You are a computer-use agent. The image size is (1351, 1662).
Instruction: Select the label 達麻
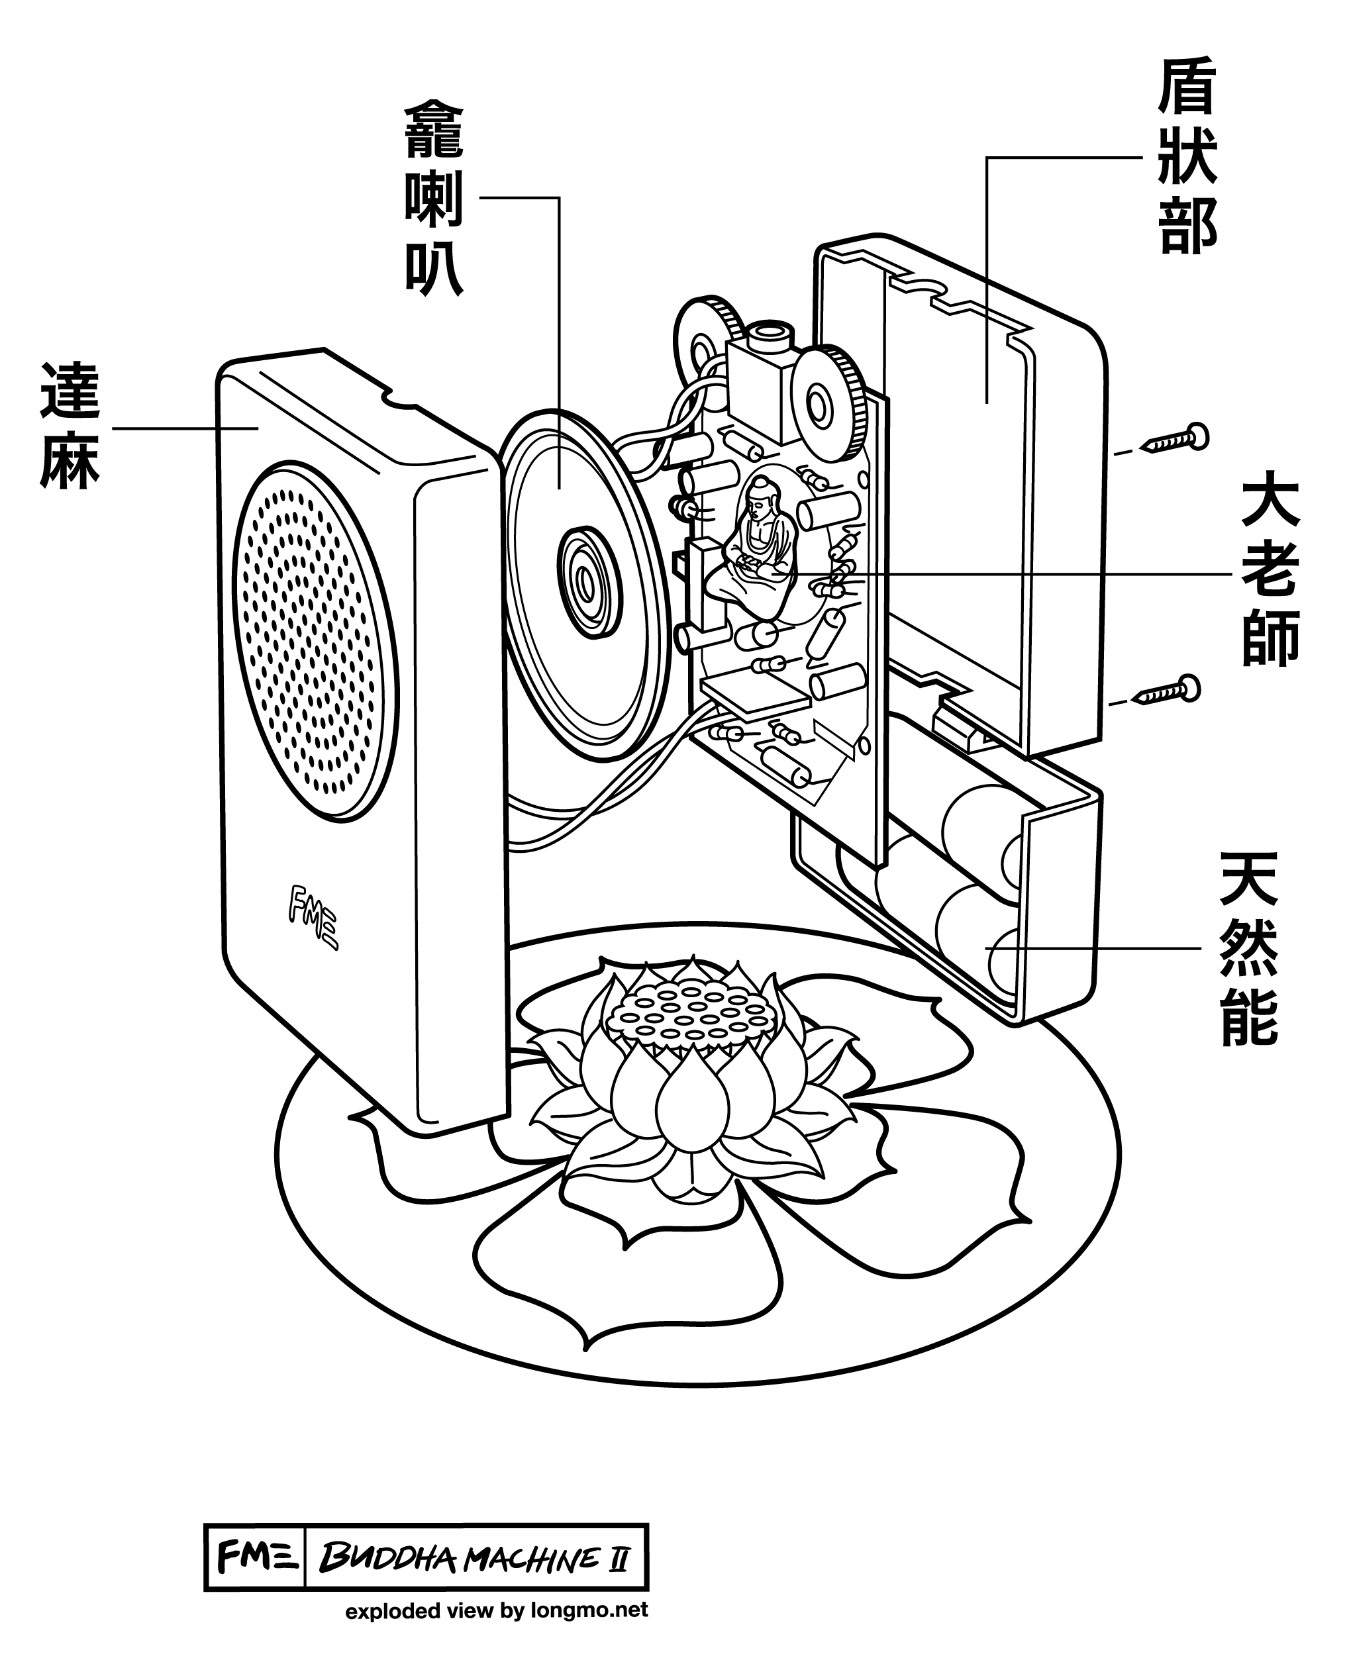(70, 426)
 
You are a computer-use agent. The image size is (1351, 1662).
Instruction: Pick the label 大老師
(1270, 573)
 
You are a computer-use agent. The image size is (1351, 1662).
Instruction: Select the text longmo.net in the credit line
(589, 1610)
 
